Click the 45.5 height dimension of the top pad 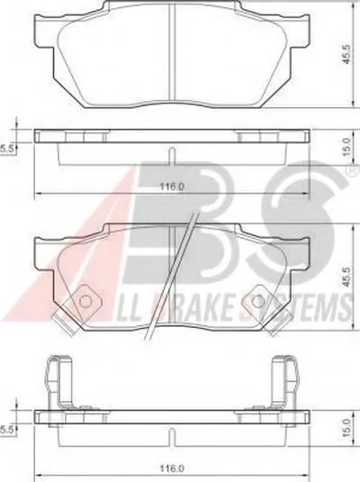coord(346,54)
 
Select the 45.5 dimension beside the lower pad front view coord(346,278)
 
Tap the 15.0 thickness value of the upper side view coord(346,146)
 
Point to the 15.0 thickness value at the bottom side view coord(346,428)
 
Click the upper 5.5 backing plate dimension coord(7,149)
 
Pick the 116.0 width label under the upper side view coord(172,186)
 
